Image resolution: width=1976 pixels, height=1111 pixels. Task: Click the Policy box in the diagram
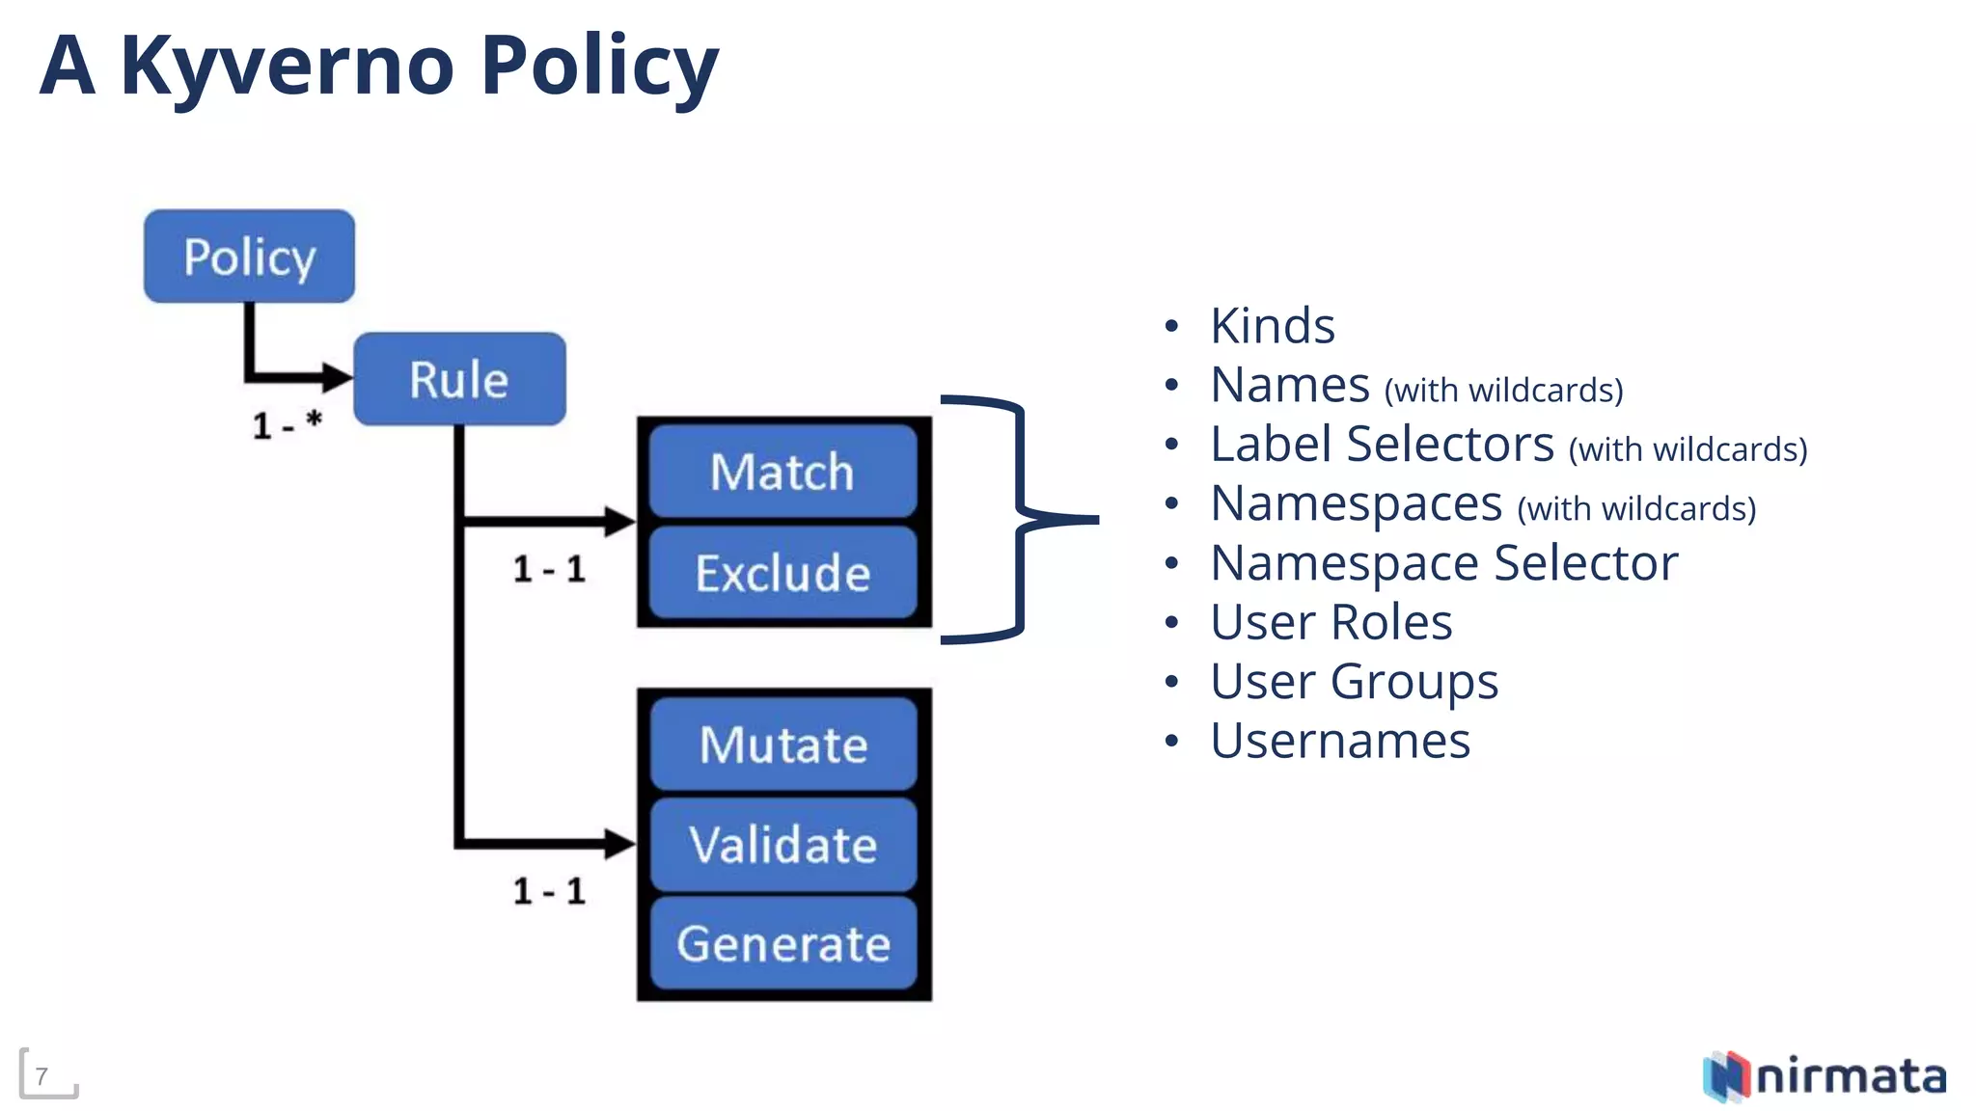[249, 257]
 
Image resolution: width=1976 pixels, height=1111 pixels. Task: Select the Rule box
[459, 379]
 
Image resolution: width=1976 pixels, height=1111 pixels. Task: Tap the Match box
[782, 472]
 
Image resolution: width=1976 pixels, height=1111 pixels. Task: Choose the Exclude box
[782, 573]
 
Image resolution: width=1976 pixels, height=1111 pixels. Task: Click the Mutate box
[782, 745]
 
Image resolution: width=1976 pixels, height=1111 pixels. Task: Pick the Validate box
[782, 845]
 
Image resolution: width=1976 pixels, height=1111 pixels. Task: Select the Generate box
[782, 944]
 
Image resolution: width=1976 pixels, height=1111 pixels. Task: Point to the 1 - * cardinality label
[287, 424]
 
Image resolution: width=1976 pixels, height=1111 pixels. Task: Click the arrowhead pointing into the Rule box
[338, 377]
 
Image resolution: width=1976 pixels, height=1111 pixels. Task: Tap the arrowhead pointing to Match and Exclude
[619, 521]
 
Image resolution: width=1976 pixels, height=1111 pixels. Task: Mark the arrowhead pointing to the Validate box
[619, 843]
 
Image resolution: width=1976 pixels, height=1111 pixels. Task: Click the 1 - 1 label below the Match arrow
[549, 569]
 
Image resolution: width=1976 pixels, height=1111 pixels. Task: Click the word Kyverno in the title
[287, 66]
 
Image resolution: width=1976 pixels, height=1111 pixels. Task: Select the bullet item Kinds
[1272, 326]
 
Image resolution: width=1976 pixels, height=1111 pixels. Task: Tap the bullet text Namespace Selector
[1443, 563]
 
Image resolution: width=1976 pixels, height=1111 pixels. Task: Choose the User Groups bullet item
[1354, 682]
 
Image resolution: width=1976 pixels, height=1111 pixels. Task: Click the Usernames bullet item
[1339, 741]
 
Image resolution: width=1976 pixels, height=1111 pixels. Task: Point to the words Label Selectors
[1382, 445]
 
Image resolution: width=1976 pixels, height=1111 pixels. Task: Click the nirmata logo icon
[1726, 1076]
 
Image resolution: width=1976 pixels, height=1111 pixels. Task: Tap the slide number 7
[41, 1076]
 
